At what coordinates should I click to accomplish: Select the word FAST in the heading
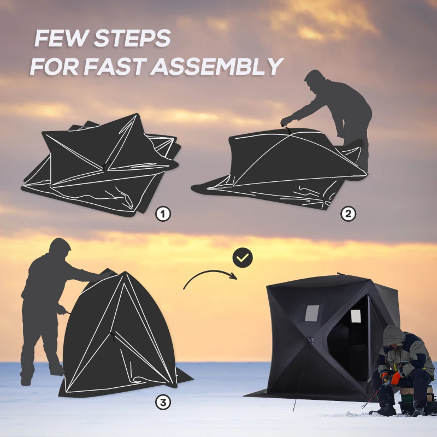pos(115,66)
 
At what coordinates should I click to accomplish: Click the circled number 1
pos(163,214)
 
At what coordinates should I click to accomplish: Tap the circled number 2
pos(348,214)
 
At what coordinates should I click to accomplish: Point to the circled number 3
pos(163,403)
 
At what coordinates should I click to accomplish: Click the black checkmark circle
pos(243,257)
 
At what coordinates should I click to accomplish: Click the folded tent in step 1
pos(101,164)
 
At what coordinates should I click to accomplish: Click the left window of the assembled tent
pos(311,313)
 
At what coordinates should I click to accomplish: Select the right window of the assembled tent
pos(356,316)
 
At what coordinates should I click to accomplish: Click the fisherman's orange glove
pos(395,378)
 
